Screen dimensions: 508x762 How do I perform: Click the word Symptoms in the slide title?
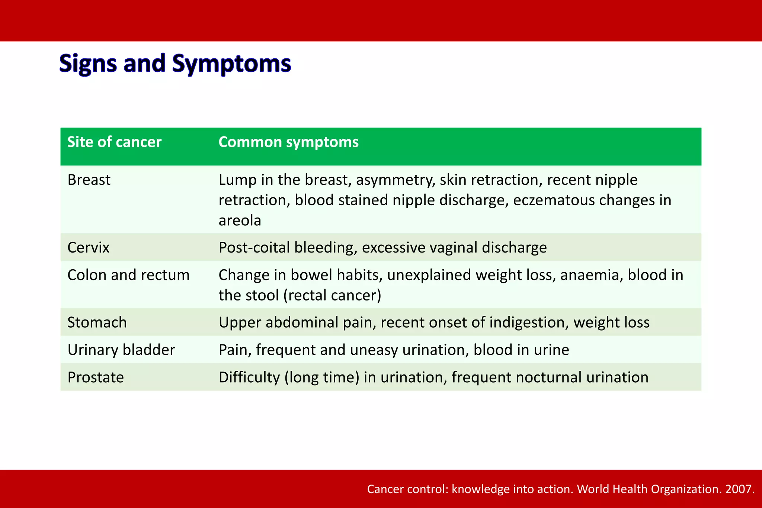(231, 64)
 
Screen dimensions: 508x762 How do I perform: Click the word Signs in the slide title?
(88, 64)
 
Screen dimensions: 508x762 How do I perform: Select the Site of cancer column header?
(114, 142)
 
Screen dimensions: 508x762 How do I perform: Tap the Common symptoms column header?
(288, 142)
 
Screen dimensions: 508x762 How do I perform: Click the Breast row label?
(89, 180)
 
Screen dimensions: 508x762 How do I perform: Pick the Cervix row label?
(88, 248)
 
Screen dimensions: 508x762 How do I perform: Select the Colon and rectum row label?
(128, 275)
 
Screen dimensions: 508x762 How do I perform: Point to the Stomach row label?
(97, 322)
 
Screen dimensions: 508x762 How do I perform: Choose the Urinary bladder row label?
(121, 350)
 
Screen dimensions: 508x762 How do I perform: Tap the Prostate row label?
(95, 377)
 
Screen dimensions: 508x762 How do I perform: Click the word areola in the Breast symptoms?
(240, 221)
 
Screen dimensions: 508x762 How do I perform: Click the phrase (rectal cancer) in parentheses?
(332, 296)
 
